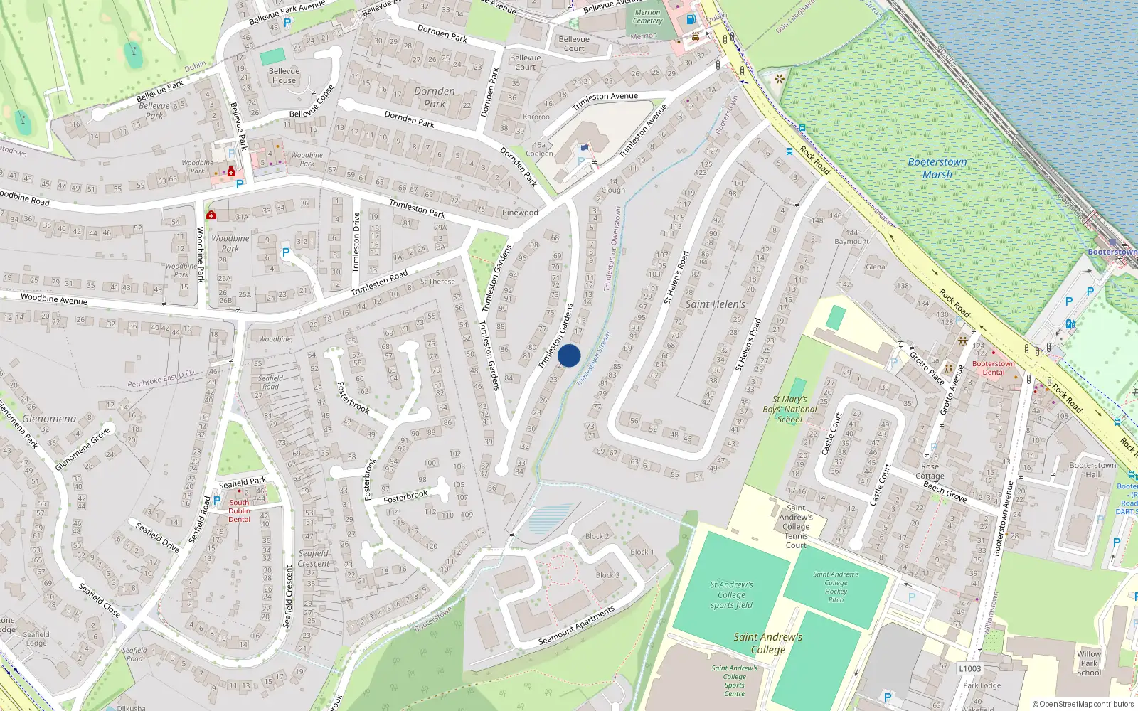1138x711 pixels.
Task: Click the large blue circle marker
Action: point(569,355)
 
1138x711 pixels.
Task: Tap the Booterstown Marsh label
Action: point(937,168)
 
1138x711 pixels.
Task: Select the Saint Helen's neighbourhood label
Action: point(716,304)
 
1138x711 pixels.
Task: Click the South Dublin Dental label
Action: point(239,510)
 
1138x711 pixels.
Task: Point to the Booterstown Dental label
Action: point(994,368)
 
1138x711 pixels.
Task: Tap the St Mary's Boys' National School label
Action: point(789,409)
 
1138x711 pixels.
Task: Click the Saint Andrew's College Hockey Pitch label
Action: point(836,587)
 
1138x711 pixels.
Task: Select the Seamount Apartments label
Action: point(576,626)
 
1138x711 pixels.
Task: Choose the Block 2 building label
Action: point(597,536)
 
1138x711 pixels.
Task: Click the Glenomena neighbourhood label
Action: point(49,419)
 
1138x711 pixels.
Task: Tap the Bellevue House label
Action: point(284,75)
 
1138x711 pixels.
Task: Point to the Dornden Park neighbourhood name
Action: point(435,97)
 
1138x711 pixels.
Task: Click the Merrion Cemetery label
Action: point(647,16)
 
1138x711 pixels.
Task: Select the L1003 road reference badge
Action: point(969,668)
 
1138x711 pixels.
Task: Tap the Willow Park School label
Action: point(1089,663)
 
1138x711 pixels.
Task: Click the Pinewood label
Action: point(520,213)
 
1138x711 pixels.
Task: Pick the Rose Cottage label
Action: point(930,471)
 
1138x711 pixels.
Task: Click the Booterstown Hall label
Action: point(1092,470)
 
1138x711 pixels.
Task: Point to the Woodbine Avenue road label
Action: point(54,299)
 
